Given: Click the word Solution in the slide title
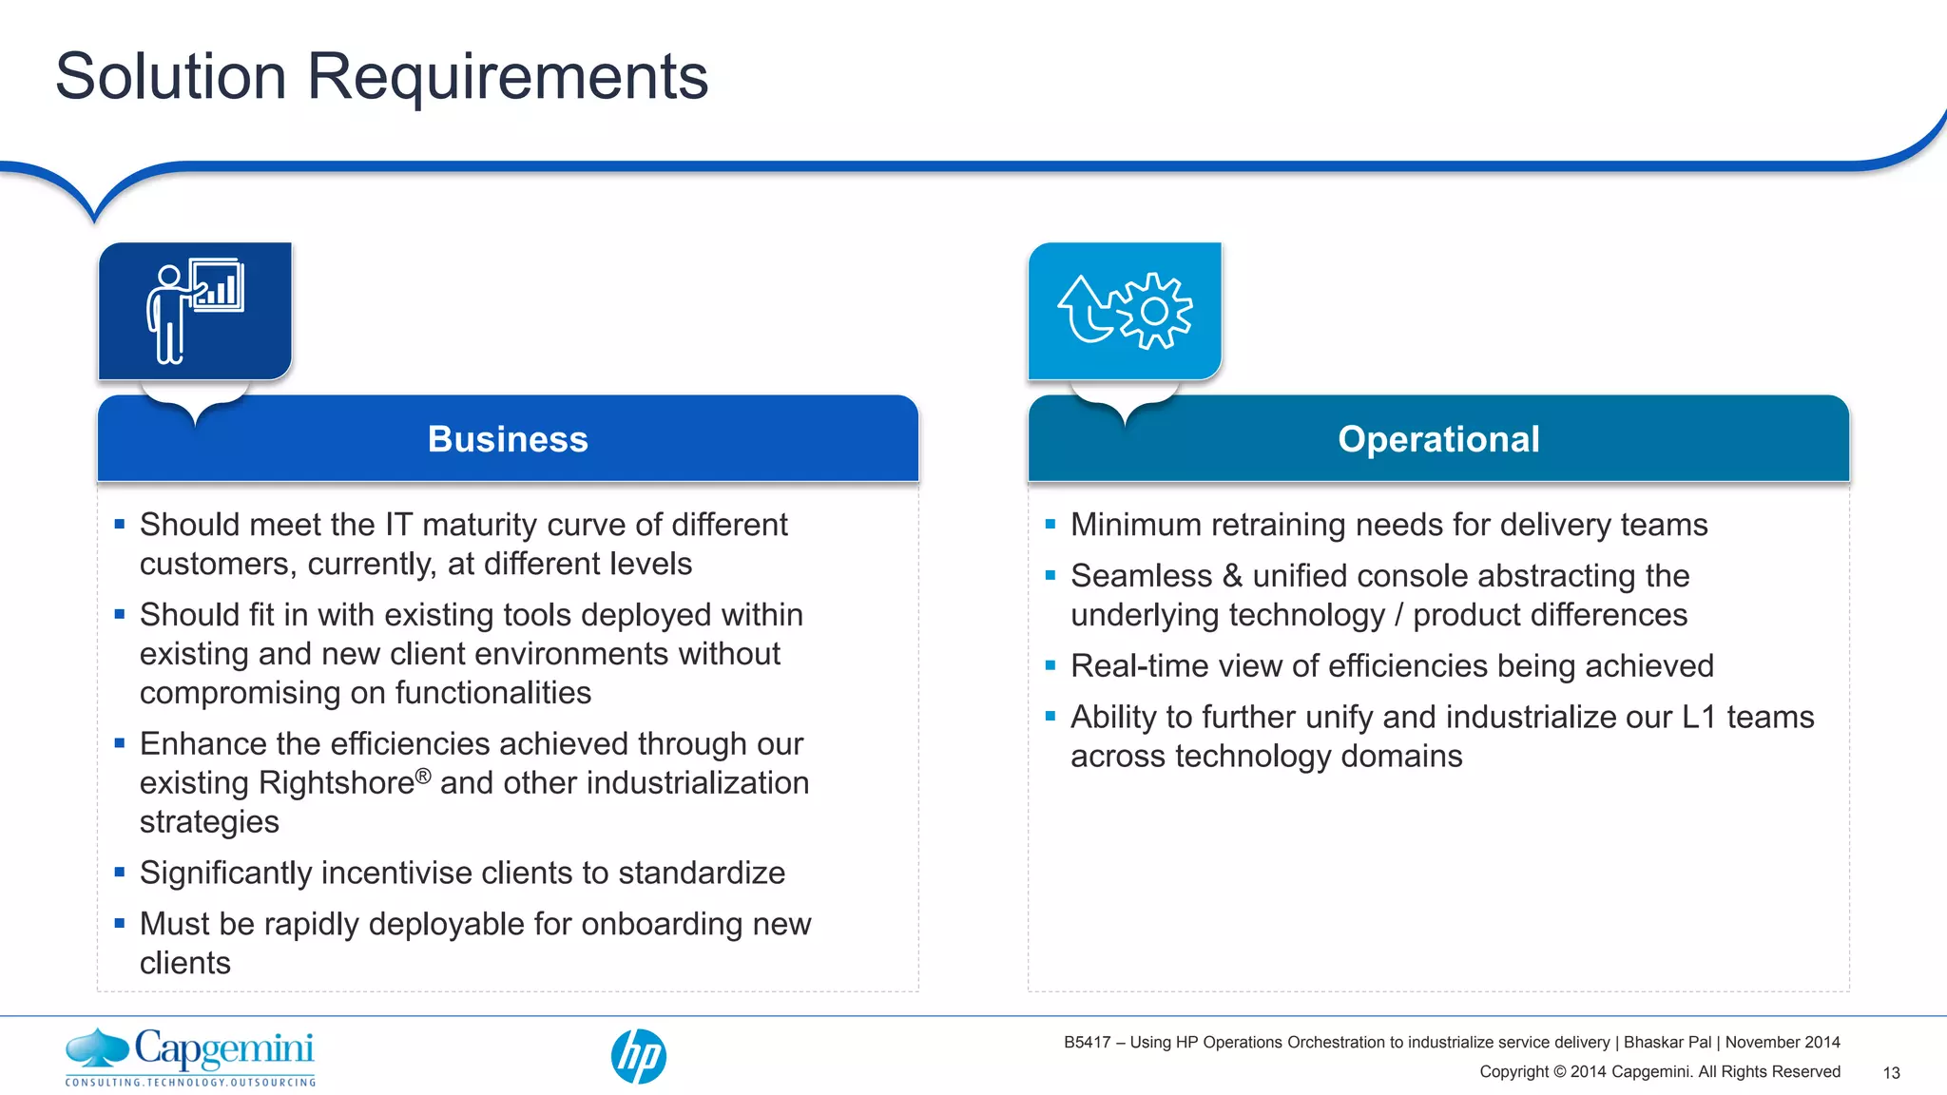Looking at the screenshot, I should click(171, 76).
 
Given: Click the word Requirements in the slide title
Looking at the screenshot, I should click(507, 76).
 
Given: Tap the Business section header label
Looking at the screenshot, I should click(508, 439).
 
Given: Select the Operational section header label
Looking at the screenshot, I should click(1438, 439).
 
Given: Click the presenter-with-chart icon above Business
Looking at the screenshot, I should click(195, 311).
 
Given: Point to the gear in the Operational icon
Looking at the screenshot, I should click(1154, 311).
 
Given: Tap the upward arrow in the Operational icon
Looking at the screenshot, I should click(1084, 309).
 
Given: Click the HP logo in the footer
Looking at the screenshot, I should click(638, 1056).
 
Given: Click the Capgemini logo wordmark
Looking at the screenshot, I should click(223, 1049).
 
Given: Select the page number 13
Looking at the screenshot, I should click(1891, 1073).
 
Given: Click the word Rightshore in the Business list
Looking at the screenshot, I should click(337, 783).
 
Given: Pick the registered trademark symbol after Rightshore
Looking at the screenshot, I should click(423, 776).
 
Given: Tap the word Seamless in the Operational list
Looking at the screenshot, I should click(1141, 576).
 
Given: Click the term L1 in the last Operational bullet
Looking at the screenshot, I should click(1699, 717).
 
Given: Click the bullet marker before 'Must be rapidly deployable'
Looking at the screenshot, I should click(120, 923).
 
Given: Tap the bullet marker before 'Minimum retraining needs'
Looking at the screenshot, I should click(1051, 524).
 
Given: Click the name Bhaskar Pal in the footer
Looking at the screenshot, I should click(1667, 1043).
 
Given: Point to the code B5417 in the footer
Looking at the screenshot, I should click(1087, 1043).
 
